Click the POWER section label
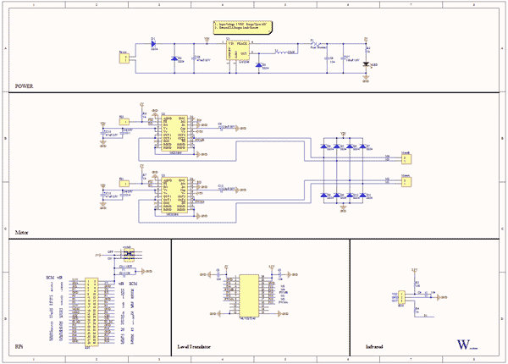coord(25,86)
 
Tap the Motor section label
coord(23,230)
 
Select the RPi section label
coord(19,347)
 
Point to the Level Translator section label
coord(194,347)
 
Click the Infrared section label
coord(376,347)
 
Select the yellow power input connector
coord(124,58)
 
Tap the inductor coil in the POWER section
coord(279,52)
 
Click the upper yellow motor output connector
coord(406,157)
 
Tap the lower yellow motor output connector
coord(406,180)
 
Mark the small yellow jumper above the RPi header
coord(129,253)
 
